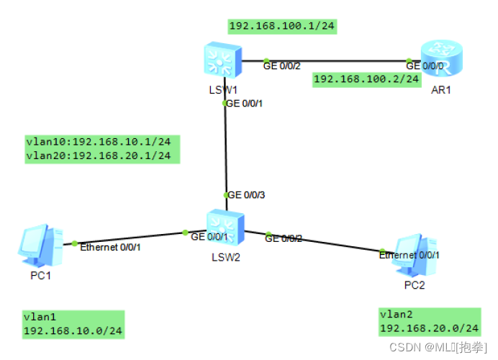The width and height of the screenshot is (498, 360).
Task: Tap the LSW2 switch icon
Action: point(225,228)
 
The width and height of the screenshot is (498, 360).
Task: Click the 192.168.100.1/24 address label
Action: point(282,27)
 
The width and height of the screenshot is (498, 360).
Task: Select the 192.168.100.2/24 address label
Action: point(366,78)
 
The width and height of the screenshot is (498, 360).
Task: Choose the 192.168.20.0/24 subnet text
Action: point(429,328)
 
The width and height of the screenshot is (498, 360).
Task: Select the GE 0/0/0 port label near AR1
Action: point(424,66)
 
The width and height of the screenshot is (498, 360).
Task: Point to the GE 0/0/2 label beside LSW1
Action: point(281,66)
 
